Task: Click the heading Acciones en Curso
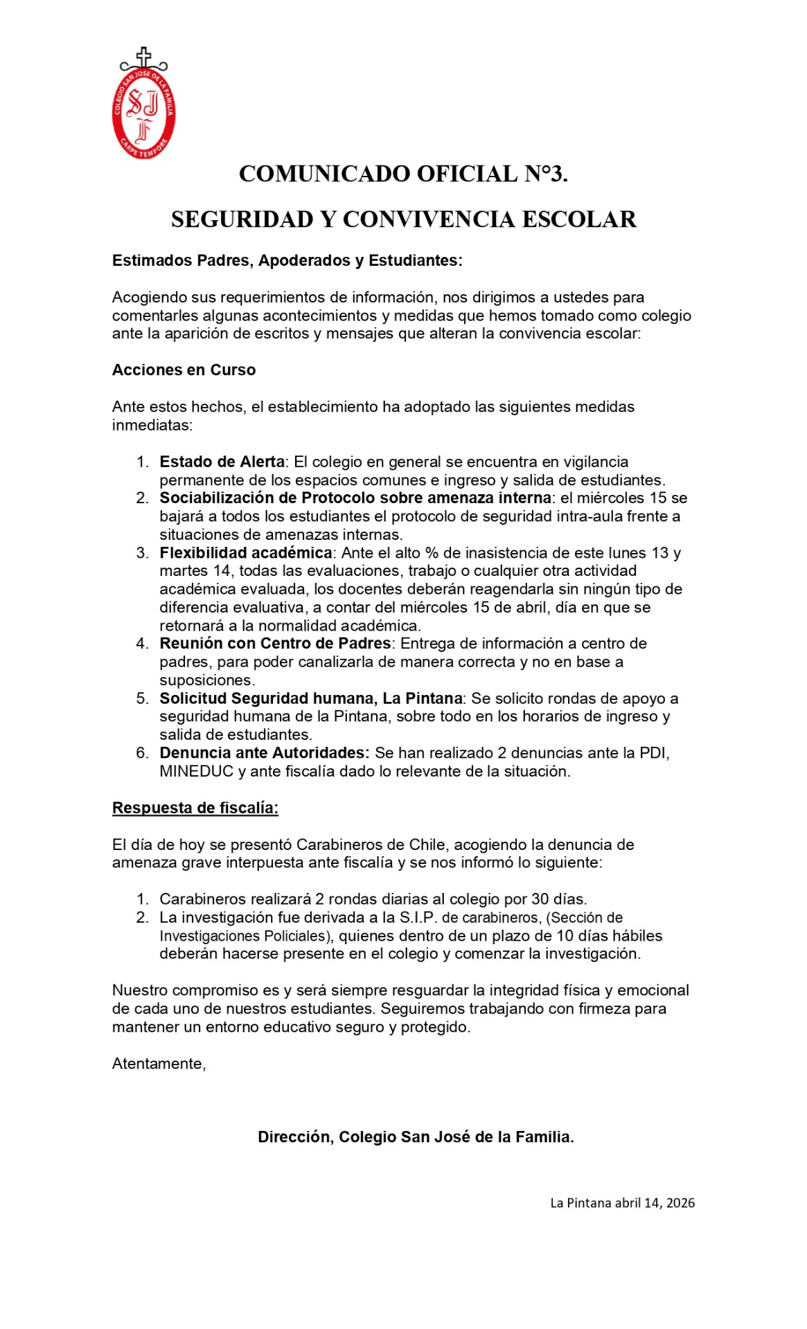click(x=184, y=370)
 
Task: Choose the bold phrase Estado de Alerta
click(x=222, y=462)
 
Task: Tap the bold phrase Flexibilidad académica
click(x=246, y=553)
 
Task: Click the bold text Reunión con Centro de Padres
click(x=275, y=644)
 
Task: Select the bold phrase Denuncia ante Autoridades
click(x=264, y=753)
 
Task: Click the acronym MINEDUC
click(x=197, y=771)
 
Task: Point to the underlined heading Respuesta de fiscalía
click(x=195, y=808)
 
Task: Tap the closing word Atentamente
click(x=159, y=1064)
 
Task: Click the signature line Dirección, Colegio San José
click(x=416, y=1137)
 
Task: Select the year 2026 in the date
click(x=680, y=1203)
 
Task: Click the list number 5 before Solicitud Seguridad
click(x=142, y=698)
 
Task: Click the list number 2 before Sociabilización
click(x=142, y=498)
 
